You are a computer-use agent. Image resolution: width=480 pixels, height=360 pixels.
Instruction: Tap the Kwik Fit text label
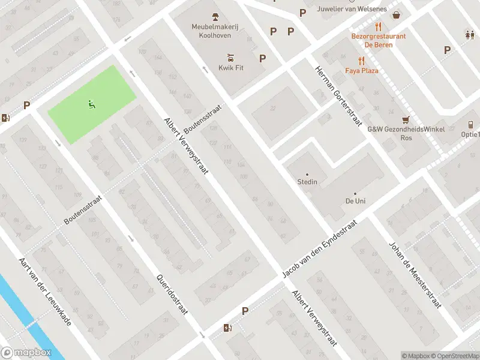click(230, 68)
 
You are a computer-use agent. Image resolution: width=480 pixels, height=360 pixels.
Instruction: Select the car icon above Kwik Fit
click(230, 58)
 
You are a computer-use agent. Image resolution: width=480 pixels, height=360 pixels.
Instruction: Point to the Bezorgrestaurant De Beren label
click(378, 40)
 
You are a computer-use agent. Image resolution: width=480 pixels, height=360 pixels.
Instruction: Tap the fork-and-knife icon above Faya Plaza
click(361, 61)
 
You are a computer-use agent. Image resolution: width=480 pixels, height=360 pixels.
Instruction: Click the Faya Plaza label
click(361, 71)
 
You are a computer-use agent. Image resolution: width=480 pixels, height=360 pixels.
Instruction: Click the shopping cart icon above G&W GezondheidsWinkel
click(406, 120)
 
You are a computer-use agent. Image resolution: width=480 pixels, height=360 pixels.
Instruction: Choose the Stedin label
click(307, 182)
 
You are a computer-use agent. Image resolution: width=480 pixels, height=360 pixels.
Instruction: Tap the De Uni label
click(355, 200)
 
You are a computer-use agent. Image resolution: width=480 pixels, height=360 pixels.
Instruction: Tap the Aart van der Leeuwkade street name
click(45, 292)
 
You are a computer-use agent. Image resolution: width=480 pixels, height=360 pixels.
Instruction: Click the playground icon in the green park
click(92, 104)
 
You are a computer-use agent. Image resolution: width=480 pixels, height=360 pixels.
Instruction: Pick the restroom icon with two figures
click(469, 35)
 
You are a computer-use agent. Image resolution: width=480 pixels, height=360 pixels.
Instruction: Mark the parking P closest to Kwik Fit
click(262, 58)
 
